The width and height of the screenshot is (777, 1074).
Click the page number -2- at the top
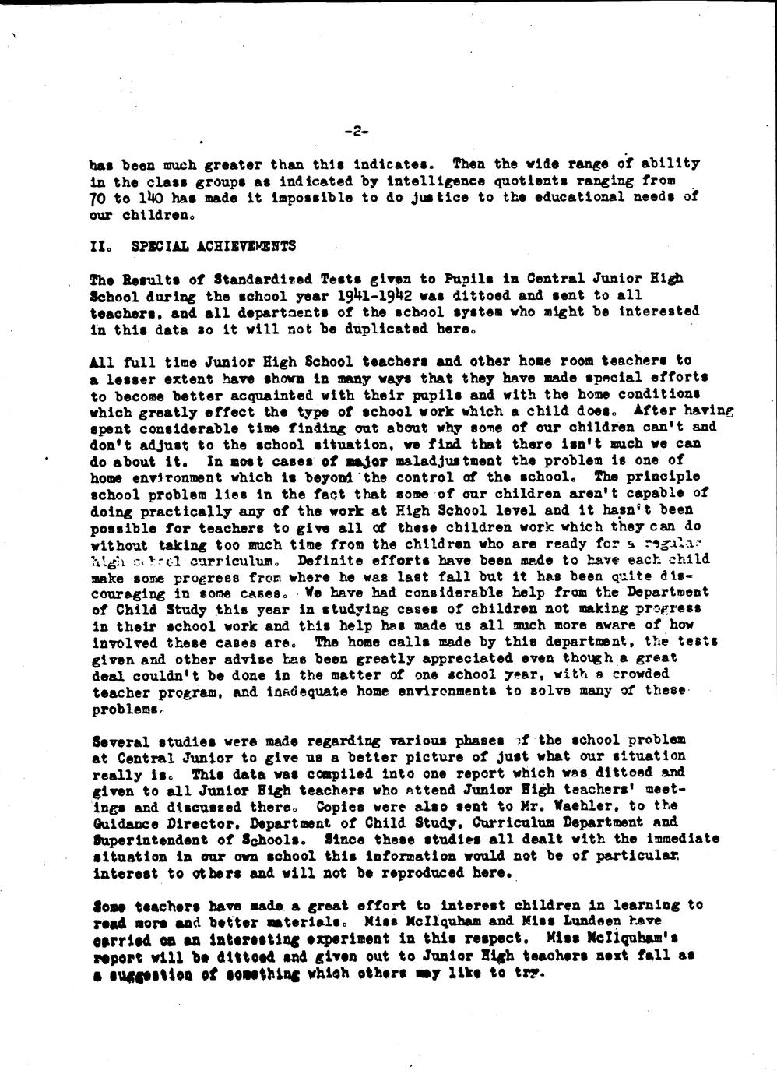point(355,132)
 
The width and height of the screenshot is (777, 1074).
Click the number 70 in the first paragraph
point(99,197)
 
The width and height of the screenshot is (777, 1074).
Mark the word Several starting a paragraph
point(120,740)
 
